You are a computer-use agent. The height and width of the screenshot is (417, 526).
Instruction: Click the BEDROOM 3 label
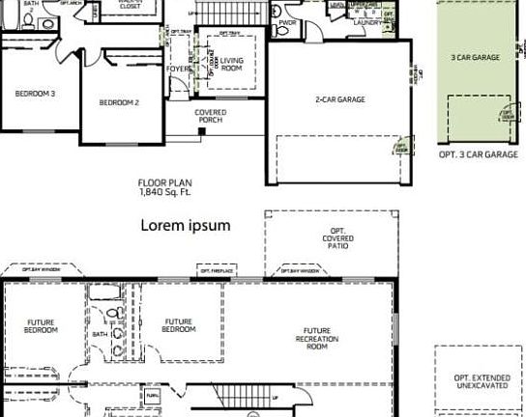point(34,94)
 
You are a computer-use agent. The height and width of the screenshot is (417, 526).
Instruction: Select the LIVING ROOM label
point(232,65)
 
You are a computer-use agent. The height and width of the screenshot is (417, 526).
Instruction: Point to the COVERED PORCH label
point(210,117)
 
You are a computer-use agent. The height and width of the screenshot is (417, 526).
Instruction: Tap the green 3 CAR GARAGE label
point(476,58)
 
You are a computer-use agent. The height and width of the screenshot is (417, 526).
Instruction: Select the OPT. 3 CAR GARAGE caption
point(478,153)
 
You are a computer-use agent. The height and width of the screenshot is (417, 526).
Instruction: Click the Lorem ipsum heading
point(186,225)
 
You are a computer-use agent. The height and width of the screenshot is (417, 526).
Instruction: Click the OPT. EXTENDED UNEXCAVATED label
point(478,382)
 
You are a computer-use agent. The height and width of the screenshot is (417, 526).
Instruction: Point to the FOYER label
point(179,69)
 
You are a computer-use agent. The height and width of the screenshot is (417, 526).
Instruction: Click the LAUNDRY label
point(365,22)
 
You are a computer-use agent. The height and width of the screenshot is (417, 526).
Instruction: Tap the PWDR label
point(286,22)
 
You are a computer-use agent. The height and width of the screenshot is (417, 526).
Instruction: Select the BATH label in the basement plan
point(101,334)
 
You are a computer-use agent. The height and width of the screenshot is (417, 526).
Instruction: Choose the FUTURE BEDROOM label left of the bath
point(41,326)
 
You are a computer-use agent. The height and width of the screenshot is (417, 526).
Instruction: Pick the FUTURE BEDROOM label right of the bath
point(178,326)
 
